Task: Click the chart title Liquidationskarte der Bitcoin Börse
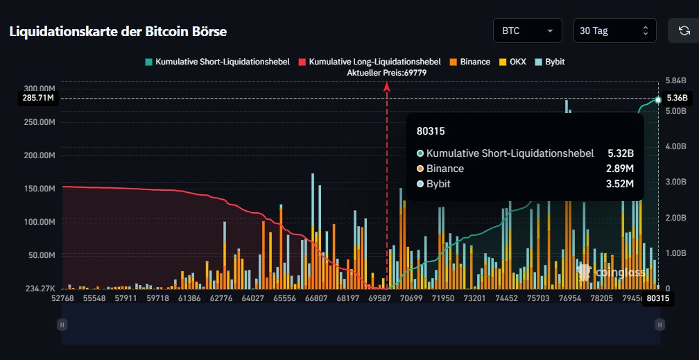coord(118,32)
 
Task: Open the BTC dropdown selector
coord(527,31)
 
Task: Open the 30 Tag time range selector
coord(614,31)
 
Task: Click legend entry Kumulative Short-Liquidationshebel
coord(219,62)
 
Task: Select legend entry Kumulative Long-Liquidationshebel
coord(370,62)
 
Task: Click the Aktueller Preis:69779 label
coord(386,73)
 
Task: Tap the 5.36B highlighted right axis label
coord(676,98)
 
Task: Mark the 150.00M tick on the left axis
coord(40,189)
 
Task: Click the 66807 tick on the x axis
coord(316,298)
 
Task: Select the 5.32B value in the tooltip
coord(621,153)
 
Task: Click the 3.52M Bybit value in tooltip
coord(621,184)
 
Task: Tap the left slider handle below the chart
coord(62,324)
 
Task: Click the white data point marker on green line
coord(658,99)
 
